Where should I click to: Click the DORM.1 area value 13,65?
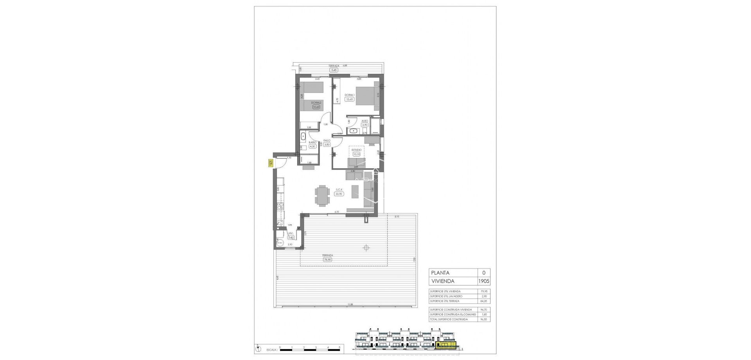pyautogui.click(x=349, y=99)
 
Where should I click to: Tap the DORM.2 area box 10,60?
pyautogui.click(x=316, y=107)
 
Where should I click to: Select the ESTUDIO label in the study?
pyautogui.click(x=356, y=150)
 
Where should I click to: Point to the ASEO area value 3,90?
pyautogui.click(x=365, y=125)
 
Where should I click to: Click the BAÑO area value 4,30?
pyautogui.click(x=312, y=147)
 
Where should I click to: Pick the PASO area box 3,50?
pyautogui.click(x=327, y=144)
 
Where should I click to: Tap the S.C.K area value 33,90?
pyautogui.click(x=339, y=194)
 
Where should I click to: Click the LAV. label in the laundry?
pyautogui.click(x=290, y=233)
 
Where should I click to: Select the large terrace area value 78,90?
pyautogui.click(x=327, y=259)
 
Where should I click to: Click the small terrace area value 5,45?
pyautogui.click(x=334, y=70)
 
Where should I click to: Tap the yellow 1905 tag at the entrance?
pyautogui.click(x=270, y=163)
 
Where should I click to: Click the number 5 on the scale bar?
pyautogui.click(x=340, y=347)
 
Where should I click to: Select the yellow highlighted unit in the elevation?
pyautogui.click(x=446, y=344)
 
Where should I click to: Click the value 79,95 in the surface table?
pyautogui.click(x=484, y=292)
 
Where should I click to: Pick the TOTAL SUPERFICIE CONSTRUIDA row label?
pyautogui.click(x=449, y=319)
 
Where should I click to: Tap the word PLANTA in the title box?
pyautogui.click(x=440, y=273)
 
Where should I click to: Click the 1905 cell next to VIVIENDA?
pyautogui.click(x=484, y=281)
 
